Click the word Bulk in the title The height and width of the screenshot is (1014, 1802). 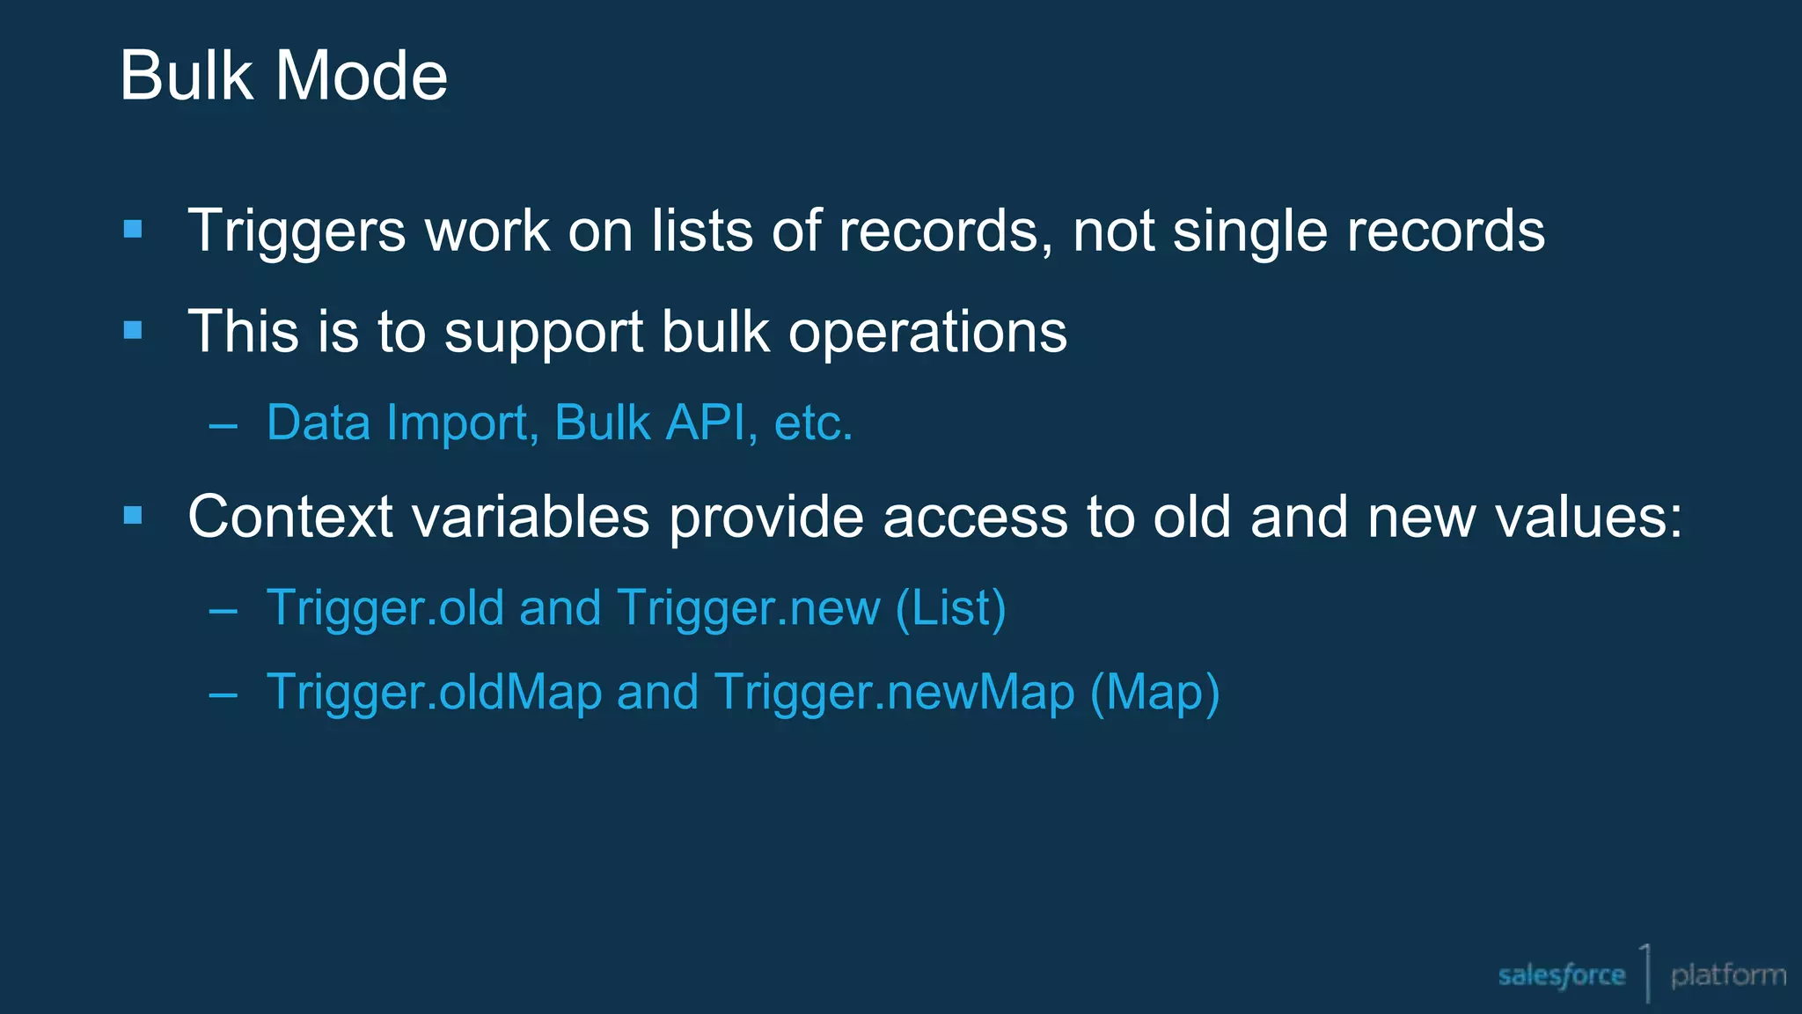[x=187, y=76]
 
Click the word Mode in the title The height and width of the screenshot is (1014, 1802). [x=362, y=76]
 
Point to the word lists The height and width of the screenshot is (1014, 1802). [x=702, y=231]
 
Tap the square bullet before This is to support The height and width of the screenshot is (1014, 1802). [x=134, y=331]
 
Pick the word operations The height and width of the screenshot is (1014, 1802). [x=927, y=333]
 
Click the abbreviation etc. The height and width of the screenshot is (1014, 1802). [x=813, y=423]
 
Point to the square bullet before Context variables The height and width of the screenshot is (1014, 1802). [x=134, y=516]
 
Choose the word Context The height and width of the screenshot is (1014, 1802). [x=290, y=517]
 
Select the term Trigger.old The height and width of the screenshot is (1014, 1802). [x=385, y=609]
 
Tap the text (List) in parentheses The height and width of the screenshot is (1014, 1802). [x=950, y=609]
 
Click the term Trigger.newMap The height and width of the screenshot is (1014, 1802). [x=894, y=693]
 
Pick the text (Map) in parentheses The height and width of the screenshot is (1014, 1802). [x=1154, y=693]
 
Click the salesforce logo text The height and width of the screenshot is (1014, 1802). [x=1561, y=975]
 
